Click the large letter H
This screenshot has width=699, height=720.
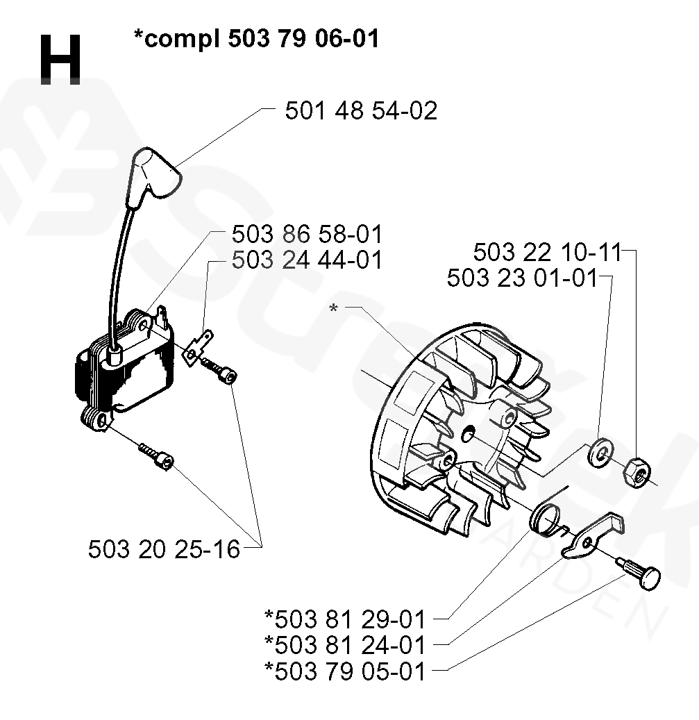point(60,60)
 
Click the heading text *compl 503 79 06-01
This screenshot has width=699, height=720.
point(256,39)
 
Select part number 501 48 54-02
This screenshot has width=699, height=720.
point(361,110)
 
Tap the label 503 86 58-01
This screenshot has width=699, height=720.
point(306,234)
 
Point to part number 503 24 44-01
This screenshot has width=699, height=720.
point(306,260)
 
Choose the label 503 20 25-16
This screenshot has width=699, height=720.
point(164,549)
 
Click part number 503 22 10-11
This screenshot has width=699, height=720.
point(547,251)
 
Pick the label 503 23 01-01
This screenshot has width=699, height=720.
point(522,278)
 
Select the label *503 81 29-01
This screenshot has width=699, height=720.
point(345,617)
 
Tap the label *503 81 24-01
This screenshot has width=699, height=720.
point(345,644)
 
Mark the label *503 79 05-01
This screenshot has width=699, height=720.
point(345,671)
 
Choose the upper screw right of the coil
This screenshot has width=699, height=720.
point(221,369)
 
